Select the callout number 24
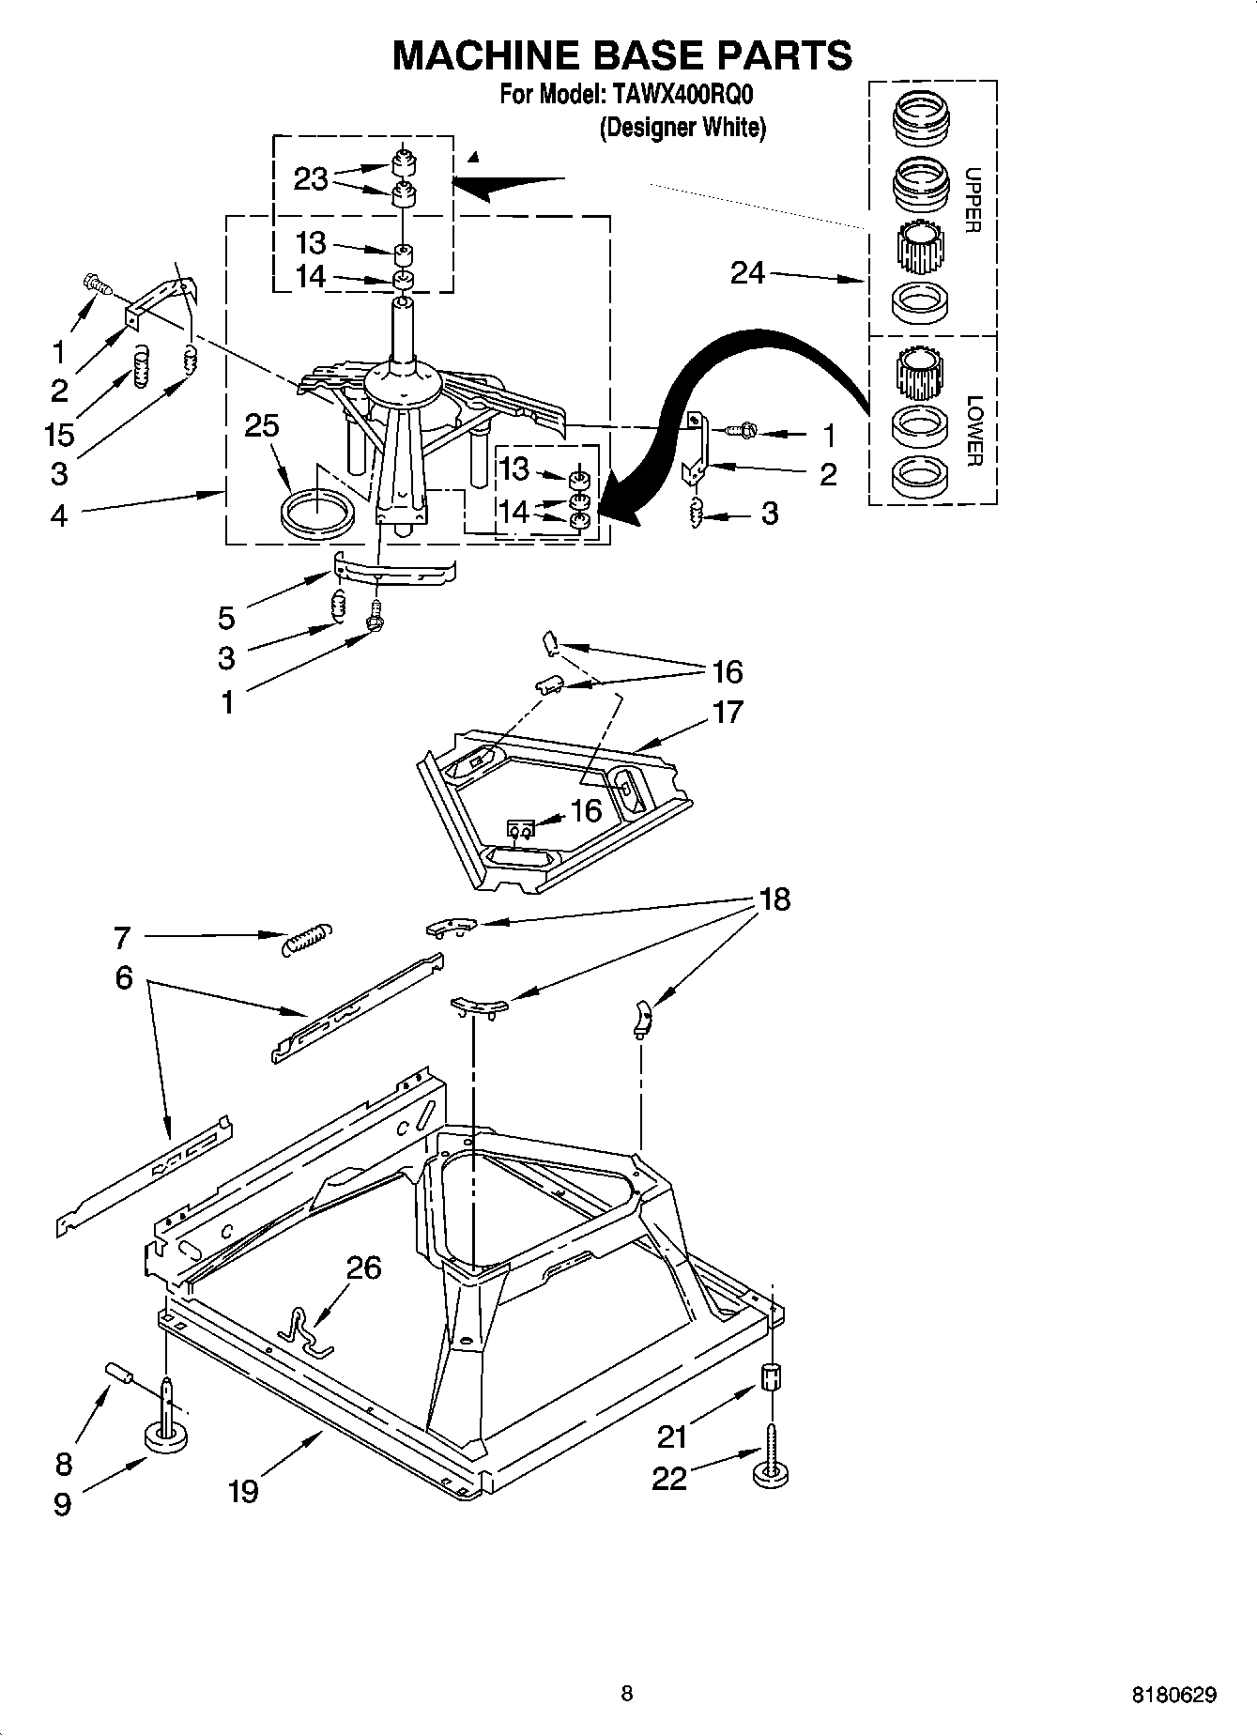[x=748, y=273]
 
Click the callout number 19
[x=243, y=1490]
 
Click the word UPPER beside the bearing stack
[x=973, y=200]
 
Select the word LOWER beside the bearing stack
[x=973, y=431]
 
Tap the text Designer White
[x=682, y=128]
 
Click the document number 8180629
[x=1174, y=1695]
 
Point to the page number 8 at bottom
[x=626, y=1694]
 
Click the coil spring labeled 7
[x=306, y=937]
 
